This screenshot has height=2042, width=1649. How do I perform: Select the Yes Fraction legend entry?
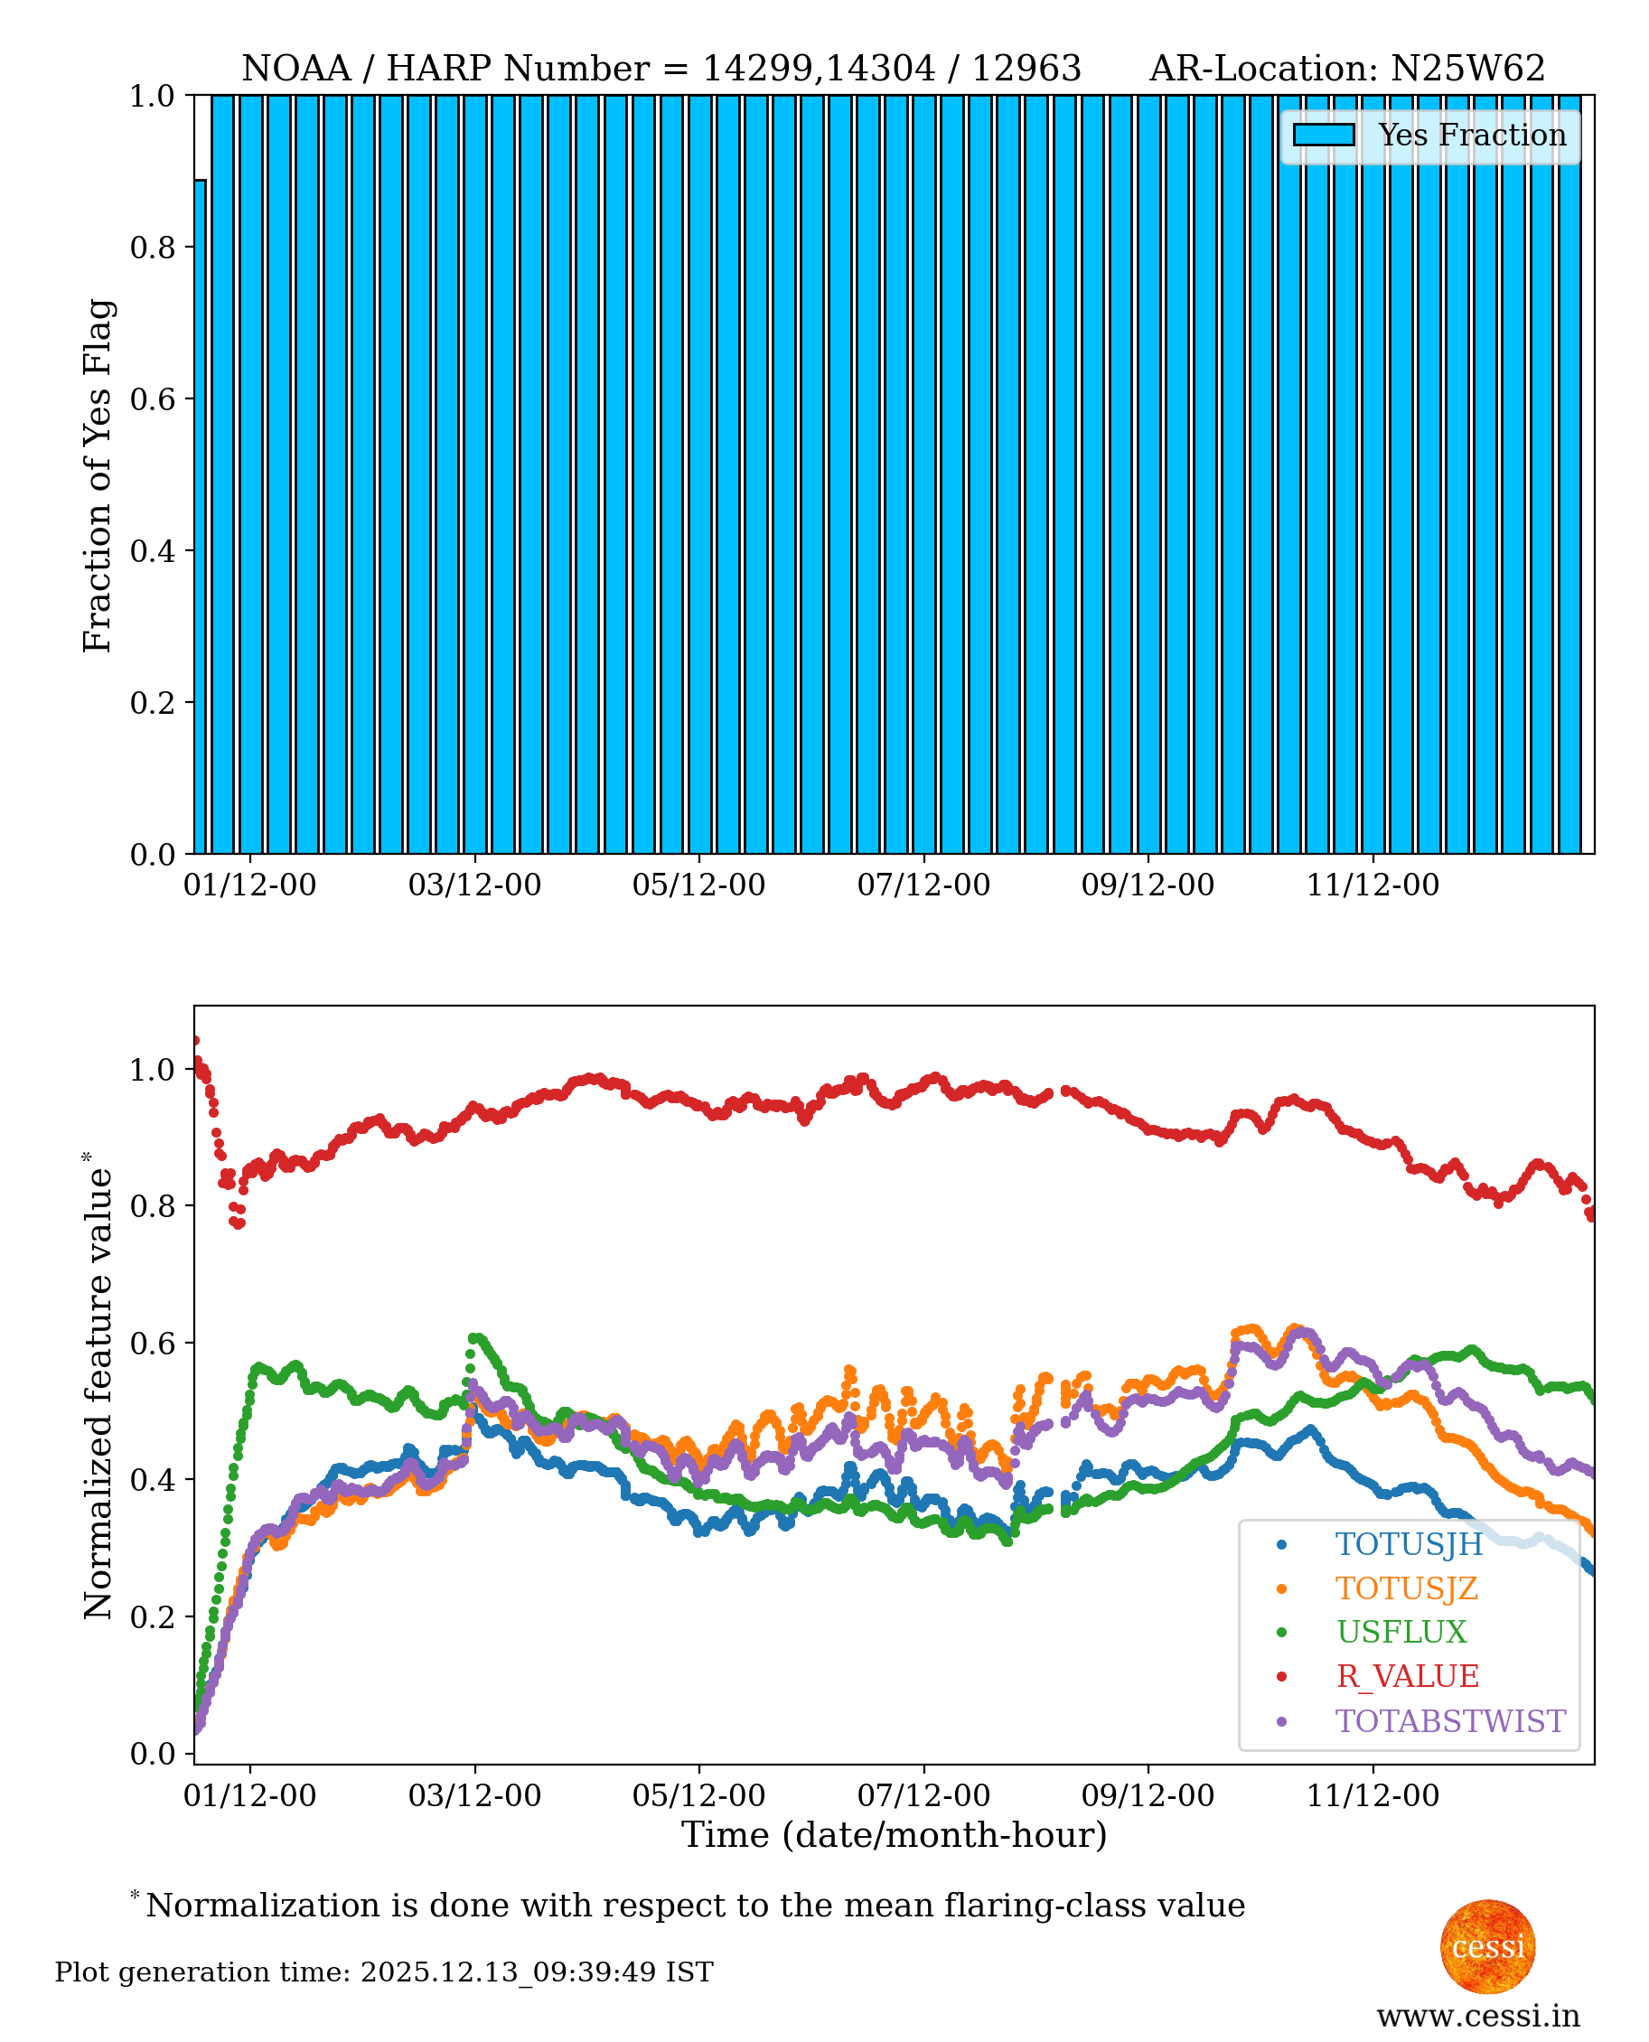tap(1429, 135)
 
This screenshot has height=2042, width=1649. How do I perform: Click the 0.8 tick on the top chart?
tap(152, 247)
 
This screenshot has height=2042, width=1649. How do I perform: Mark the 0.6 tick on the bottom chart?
tap(152, 1343)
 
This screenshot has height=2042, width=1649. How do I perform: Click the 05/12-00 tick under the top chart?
tap(699, 885)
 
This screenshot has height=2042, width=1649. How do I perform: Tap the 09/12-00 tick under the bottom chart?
tap(1148, 1796)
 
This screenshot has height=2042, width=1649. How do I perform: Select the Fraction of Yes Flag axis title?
tap(97, 475)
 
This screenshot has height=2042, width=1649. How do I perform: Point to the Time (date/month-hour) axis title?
tap(894, 1835)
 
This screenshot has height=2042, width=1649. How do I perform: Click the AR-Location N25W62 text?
tap(1347, 69)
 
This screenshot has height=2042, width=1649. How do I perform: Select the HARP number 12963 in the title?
tap(1026, 69)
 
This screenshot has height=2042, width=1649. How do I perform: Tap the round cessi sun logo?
tap(1487, 1947)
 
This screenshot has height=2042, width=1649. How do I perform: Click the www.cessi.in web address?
tap(1478, 2016)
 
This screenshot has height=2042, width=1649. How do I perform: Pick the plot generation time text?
tap(384, 1972)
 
